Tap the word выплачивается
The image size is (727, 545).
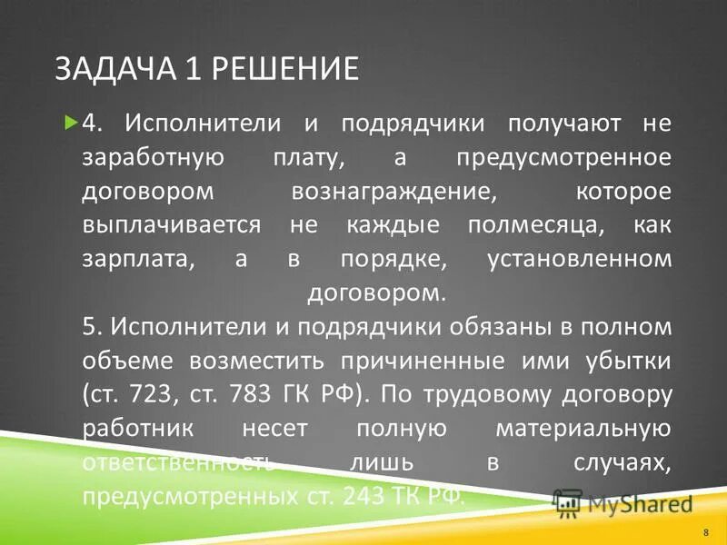[173, 224]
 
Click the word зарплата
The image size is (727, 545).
[136, 259]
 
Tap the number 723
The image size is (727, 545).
[158, 395]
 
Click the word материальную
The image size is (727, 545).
[583, 429]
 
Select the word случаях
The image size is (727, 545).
[622, 463]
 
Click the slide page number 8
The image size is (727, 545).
[706, 531]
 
